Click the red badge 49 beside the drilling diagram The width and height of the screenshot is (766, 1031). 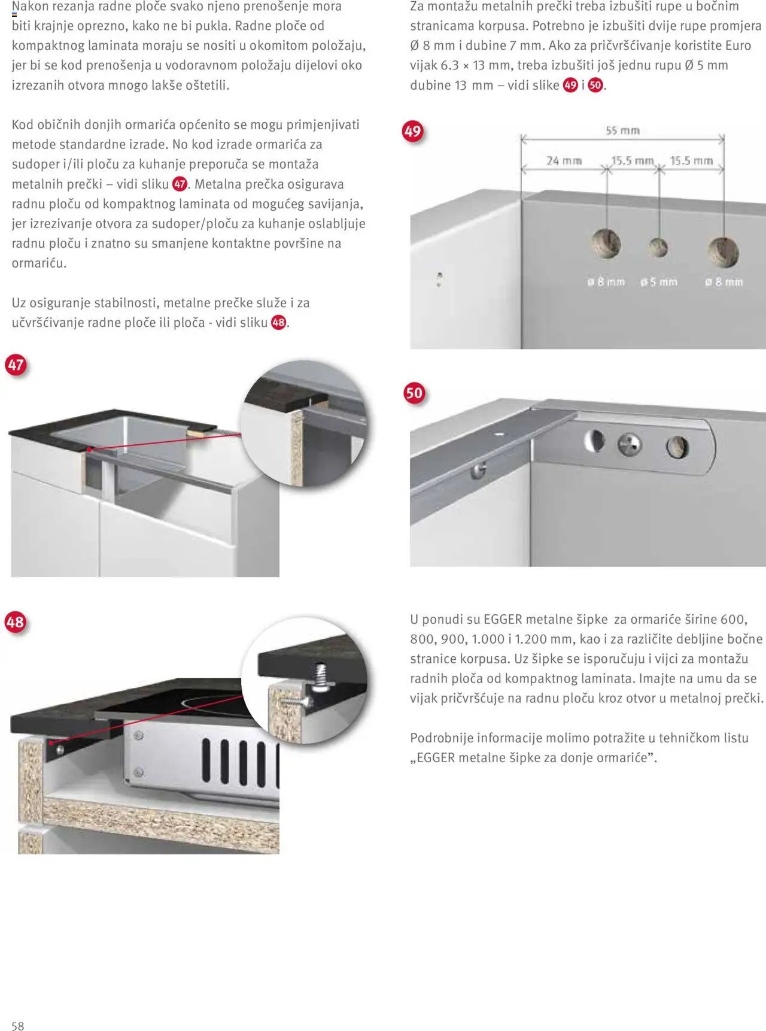[413, 131]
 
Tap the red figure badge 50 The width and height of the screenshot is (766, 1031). [414, 393]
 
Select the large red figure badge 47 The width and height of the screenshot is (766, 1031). [16, 365]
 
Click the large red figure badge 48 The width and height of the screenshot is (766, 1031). [16, 622]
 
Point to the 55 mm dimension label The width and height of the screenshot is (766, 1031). [622, 131]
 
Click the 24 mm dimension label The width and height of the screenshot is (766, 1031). [564, 160]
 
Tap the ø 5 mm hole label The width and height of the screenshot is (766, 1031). [658, 281]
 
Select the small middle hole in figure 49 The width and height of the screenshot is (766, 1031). [658, 247]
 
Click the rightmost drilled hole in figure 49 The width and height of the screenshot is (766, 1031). [723, 251]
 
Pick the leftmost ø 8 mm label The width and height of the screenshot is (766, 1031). [606, 281]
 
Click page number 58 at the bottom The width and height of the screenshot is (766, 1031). [18, 1026]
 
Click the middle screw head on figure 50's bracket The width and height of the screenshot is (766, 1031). [630, 444]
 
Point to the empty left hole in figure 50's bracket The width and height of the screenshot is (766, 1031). [594, 441]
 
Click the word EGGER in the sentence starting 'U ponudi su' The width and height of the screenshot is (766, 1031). [503, 619]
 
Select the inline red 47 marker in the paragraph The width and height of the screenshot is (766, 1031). [180, 184]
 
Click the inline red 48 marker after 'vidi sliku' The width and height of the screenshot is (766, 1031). [279, 322]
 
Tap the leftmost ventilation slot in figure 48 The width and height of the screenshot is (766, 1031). [206, 760]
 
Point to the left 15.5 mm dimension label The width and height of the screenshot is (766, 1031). [632, 160]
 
